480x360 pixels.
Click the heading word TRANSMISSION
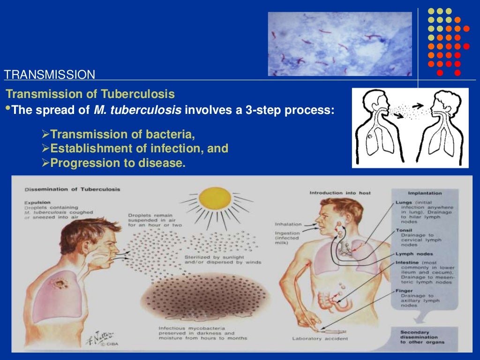point(50,74)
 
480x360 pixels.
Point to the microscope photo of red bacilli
point(339,44)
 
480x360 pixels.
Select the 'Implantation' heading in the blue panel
point(425,193)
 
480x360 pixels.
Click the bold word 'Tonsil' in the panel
point(404,230)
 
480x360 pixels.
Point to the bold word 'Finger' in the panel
point(404,291)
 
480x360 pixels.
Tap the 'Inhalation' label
point(288,224)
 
